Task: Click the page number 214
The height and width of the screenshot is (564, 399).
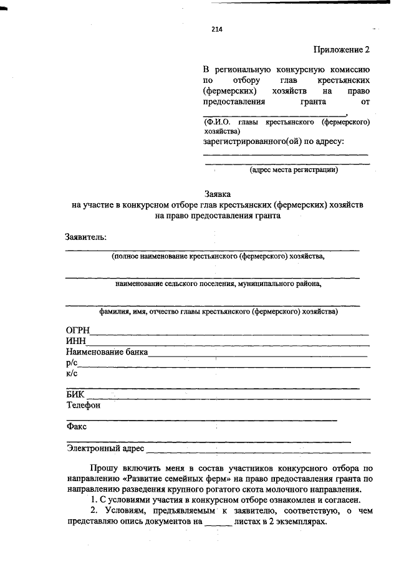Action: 217,29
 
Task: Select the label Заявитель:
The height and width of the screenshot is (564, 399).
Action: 86,237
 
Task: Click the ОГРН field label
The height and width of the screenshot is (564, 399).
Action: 79,330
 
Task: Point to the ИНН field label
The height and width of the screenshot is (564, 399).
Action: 77,341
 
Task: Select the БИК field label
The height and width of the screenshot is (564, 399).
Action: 75,394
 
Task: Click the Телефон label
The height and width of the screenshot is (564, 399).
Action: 84,406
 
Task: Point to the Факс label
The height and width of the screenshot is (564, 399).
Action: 76,428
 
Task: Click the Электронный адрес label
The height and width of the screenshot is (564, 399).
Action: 105,449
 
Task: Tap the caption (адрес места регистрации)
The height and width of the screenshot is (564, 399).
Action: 294,170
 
